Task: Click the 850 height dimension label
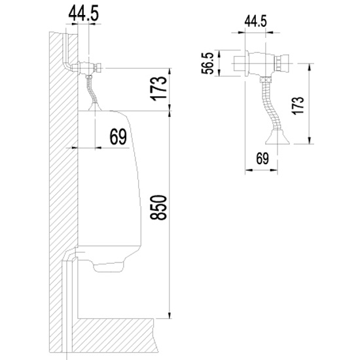click(x=158, y=207)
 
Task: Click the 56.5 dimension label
click(x=207, y=63)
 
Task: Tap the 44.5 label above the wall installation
click(x=84, y=13)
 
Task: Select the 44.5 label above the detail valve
click(x=255, y=22)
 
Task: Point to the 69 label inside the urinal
click(x=118, y=137)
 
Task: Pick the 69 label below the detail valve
click(x=262, y=158)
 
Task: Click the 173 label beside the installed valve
click(x=158, y=88)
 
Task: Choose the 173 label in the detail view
click(x=298, y=105)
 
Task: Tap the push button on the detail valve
click(x=282, y=63)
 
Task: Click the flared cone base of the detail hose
click(x=278, y=137)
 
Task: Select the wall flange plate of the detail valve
click(x=247, y=63)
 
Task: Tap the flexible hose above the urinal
click(x=92, y=90)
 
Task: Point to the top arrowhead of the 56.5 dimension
click(x=219, y=53)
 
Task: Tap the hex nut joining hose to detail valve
click(x=265, y=80)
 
